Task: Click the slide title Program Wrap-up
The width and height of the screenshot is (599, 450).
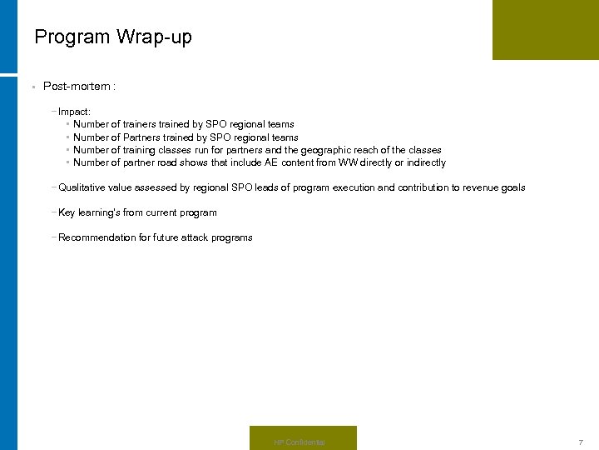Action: coord(113,37)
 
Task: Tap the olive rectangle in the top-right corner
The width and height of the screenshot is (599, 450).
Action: coord(545,29)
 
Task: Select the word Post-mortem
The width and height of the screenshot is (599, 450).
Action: coord(77,86)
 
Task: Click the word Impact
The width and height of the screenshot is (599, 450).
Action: coord(73,111)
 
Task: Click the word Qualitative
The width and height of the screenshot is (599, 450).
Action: coord(82,187)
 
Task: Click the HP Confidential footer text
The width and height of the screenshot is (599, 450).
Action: coord(299,442)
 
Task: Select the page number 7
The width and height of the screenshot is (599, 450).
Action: coord(581,442)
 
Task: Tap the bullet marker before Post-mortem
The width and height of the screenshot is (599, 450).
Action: coord(31,87)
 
